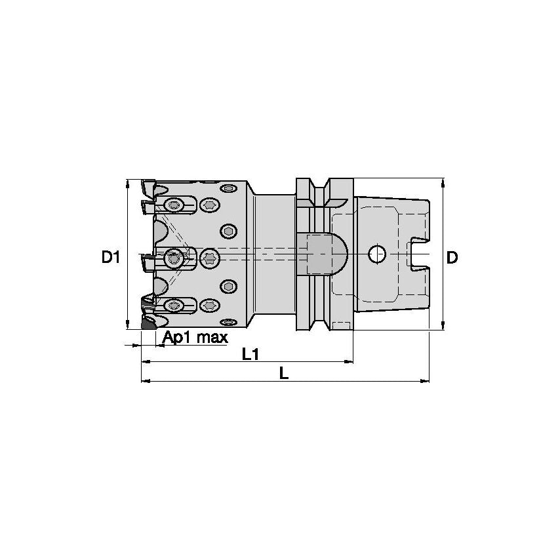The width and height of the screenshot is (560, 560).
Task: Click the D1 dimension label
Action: pyautogui.click(x=110, y=257)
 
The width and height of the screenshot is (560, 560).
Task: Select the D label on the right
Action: pyautogui.click(x=452, y=257)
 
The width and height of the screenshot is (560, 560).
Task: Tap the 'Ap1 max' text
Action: pyautogui.click(x=195, y=338)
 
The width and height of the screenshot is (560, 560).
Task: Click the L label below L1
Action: pyautogui.click(x=283, y=372)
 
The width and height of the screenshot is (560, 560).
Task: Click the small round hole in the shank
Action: pyautogui.click(x=376, y=254)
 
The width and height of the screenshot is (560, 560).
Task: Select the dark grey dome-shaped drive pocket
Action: pyautogui.click(x=327, y=254)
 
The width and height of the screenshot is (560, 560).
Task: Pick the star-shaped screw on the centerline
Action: pyautogui.click(x=209, y=258)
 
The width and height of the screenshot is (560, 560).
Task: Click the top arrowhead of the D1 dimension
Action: pyautogui.click(x=127, y=182)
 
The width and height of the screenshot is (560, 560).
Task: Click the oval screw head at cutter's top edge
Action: pyautogui.click(x=228, y=189)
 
